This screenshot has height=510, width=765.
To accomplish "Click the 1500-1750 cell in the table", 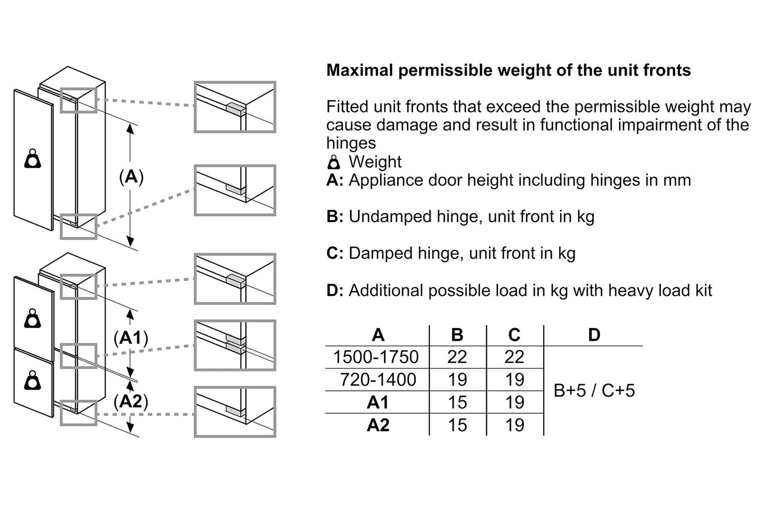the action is coord(376,357).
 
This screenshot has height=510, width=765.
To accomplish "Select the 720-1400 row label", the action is coord(378,379).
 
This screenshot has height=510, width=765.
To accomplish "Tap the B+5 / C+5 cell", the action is coord(594,391).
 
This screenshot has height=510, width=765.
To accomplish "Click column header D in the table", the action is coord(594,335).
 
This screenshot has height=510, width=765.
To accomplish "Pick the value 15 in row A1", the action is coord(457,402).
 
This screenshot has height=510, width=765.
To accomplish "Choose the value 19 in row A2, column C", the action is coord(514,425).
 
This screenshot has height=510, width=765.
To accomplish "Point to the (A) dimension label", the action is coord(131,177).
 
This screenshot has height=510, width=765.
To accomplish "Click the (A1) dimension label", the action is coord(131,338).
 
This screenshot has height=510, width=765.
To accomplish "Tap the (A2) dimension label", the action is coord(131,401).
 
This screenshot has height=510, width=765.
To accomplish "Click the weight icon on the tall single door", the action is coord(33,159).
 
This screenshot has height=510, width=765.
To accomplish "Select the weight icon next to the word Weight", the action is coord(334,162).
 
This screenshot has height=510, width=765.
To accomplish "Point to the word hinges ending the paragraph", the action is coord(351,143).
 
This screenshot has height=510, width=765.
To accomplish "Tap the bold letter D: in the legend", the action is coord(335,290).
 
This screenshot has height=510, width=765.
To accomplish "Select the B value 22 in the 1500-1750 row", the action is coord(457,357).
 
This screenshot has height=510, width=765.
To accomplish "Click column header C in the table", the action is coord(514,335).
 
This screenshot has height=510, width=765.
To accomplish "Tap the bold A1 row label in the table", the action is coord(378,402).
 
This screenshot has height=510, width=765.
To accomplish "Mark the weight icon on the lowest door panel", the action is coord(33,380).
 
